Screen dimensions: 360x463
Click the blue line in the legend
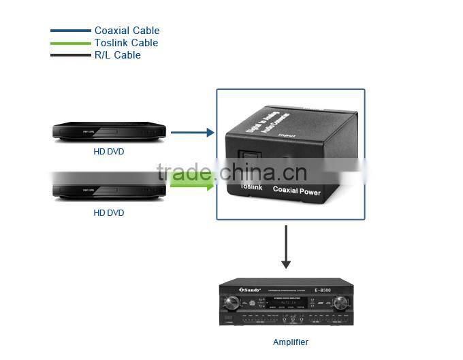(x=70, y=31)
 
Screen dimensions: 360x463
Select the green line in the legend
(x=70, y=43)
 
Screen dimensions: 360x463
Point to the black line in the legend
(x=70, y=55)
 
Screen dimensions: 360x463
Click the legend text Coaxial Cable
(x=127, y=31)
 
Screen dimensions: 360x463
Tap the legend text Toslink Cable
(x=127, y=43)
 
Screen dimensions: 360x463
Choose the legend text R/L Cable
(x=118, y=55)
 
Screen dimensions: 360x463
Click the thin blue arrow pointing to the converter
(x=192, y=133)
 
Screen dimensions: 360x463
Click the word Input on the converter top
(x=286, y=135)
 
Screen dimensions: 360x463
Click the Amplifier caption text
(x=290, y=342)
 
